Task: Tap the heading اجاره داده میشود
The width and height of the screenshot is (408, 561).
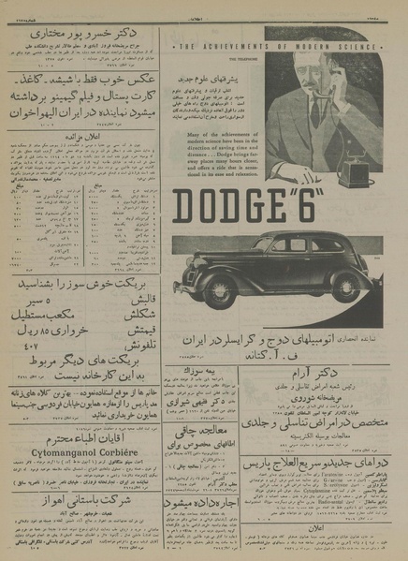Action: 199,504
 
